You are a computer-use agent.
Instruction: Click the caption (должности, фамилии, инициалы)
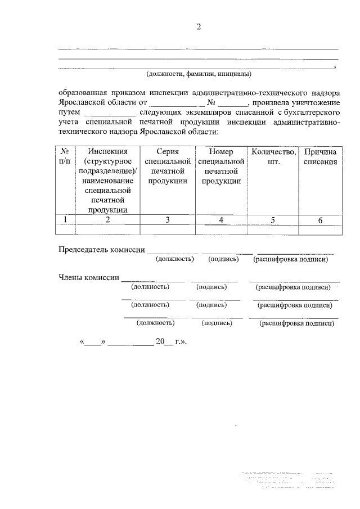click(x=198, y=74)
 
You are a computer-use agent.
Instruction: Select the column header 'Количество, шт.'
click(x=273, y=156)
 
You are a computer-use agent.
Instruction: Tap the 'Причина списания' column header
click(x=320, y=156)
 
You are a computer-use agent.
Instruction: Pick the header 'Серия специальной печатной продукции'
click(x=168, y=166)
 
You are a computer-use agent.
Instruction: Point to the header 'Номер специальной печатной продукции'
click(x=221, y=166)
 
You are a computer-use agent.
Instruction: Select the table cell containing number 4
click(x=221, y=220)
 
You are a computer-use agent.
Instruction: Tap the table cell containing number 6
click(x=320, y=220)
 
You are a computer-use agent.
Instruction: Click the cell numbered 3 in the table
click(x=168, y=220)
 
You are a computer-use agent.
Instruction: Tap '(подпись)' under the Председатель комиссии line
click(x=223, y=259)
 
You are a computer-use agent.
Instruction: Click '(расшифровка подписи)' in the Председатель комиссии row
click(x=290, y=259)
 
